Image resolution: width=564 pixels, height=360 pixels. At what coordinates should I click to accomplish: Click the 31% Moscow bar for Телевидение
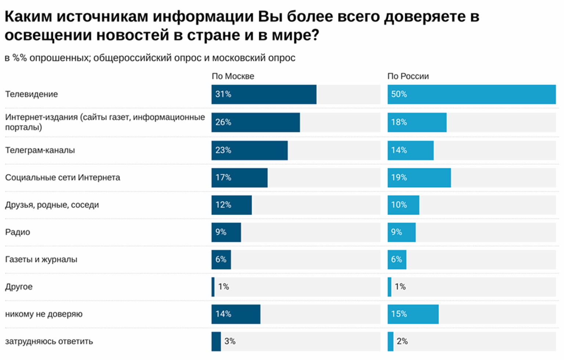point(264,94)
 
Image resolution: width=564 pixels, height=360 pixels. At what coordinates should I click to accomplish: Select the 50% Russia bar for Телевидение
point(471,94)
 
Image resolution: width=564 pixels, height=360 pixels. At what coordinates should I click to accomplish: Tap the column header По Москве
point(233,76)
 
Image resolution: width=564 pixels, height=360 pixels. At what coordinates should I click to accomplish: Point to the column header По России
point(408,76)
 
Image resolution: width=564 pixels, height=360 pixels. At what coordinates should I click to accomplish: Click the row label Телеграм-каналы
point(40,150)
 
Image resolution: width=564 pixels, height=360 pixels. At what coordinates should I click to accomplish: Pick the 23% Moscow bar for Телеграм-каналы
point(250,150)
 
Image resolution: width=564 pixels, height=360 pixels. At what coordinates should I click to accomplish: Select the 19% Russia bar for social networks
point(419,178)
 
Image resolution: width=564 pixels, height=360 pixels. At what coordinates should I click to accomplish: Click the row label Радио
point(18,232)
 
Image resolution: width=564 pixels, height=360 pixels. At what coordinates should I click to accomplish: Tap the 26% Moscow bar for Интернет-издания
point(256,122)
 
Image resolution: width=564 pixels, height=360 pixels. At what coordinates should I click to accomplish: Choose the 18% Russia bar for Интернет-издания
point(417,122)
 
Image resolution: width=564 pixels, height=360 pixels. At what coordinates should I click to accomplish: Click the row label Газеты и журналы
point(41,259)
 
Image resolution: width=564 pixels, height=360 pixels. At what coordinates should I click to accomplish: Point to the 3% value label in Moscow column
point(230,341)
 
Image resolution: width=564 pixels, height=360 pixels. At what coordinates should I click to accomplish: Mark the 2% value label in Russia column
point(402,341)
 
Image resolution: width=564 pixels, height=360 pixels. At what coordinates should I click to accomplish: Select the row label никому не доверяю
point(44,314)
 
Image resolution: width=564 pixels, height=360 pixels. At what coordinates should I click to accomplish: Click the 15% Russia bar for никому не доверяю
point(413,314)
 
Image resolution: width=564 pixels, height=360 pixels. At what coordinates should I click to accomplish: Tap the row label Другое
point(19,287)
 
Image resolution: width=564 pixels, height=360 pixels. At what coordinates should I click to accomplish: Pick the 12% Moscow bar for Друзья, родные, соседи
point(231,205)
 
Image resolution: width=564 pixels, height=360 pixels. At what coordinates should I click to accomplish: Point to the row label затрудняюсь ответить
point(49,341)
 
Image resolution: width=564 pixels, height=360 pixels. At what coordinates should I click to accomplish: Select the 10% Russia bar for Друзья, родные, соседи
point(404,205)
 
